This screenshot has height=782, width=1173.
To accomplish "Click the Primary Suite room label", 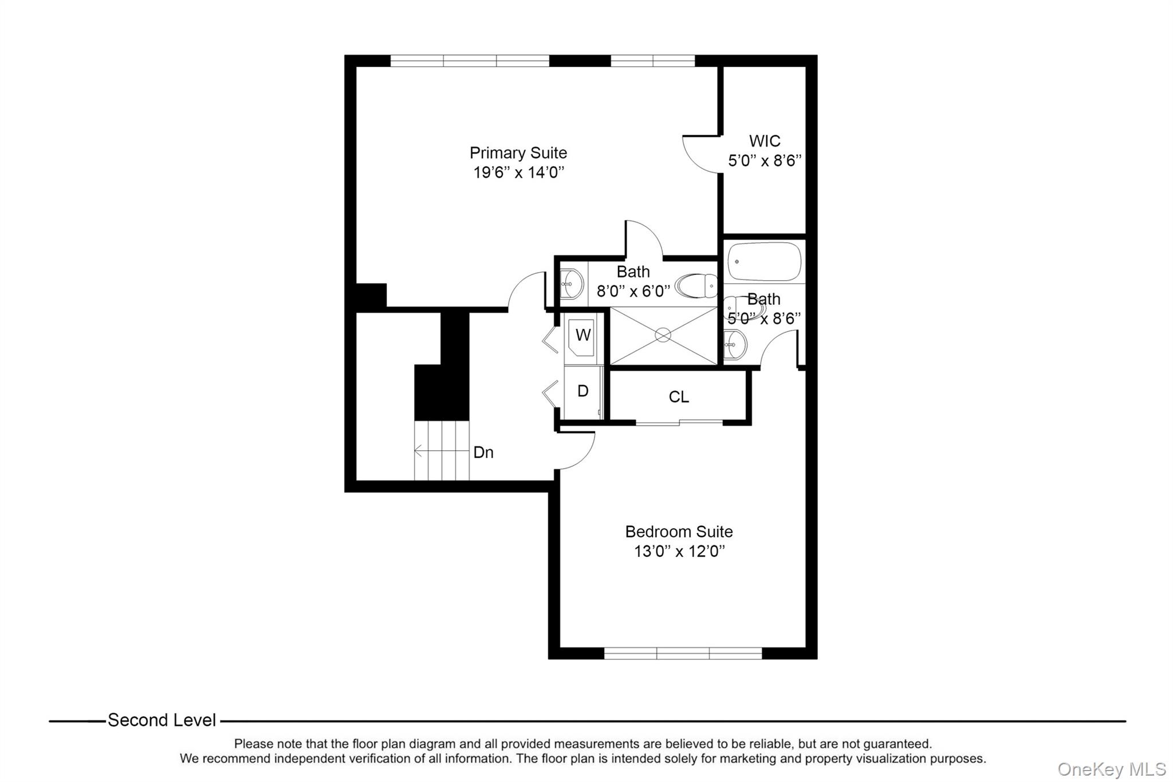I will coord(518,153).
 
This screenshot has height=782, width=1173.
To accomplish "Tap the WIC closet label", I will coord(764,141).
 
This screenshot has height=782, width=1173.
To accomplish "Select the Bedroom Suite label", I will coord(679,532).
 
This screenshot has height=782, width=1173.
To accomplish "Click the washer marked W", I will coord(582,335).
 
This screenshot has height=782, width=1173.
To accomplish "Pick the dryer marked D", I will coord(582,391).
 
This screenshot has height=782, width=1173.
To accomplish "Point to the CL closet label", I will coord(679,397).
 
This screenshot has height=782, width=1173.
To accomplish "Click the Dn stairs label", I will coord(483,453).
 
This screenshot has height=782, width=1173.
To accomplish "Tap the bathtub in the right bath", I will coord(764,261).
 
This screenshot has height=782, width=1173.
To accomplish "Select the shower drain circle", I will coord(663,335).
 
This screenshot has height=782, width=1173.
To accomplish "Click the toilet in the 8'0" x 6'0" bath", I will coord(696,285).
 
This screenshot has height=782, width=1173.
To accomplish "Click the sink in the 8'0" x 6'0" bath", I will coord(571,284).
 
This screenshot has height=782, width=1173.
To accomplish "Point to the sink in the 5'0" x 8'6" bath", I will coord(735,345).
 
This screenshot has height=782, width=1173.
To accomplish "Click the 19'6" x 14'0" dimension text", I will coord(518,172).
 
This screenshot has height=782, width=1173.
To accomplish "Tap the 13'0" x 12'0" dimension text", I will coord(679,552).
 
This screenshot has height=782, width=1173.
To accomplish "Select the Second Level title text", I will coord(162,720).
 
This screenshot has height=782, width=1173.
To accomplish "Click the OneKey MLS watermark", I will coord(1111,769).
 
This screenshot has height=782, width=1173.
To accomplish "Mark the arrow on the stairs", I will coord(419,451).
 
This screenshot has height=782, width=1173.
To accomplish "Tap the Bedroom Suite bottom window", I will coord(683,653).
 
